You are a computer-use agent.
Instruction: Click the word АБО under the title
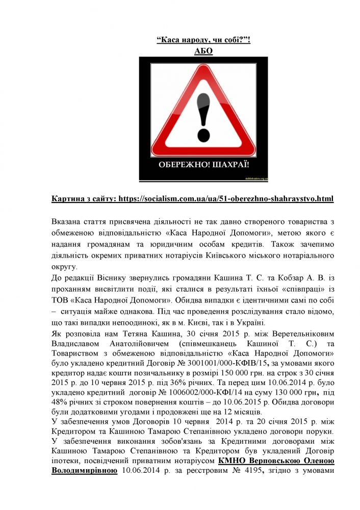[203, 52]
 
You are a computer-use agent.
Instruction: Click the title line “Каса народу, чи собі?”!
[203, 40]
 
